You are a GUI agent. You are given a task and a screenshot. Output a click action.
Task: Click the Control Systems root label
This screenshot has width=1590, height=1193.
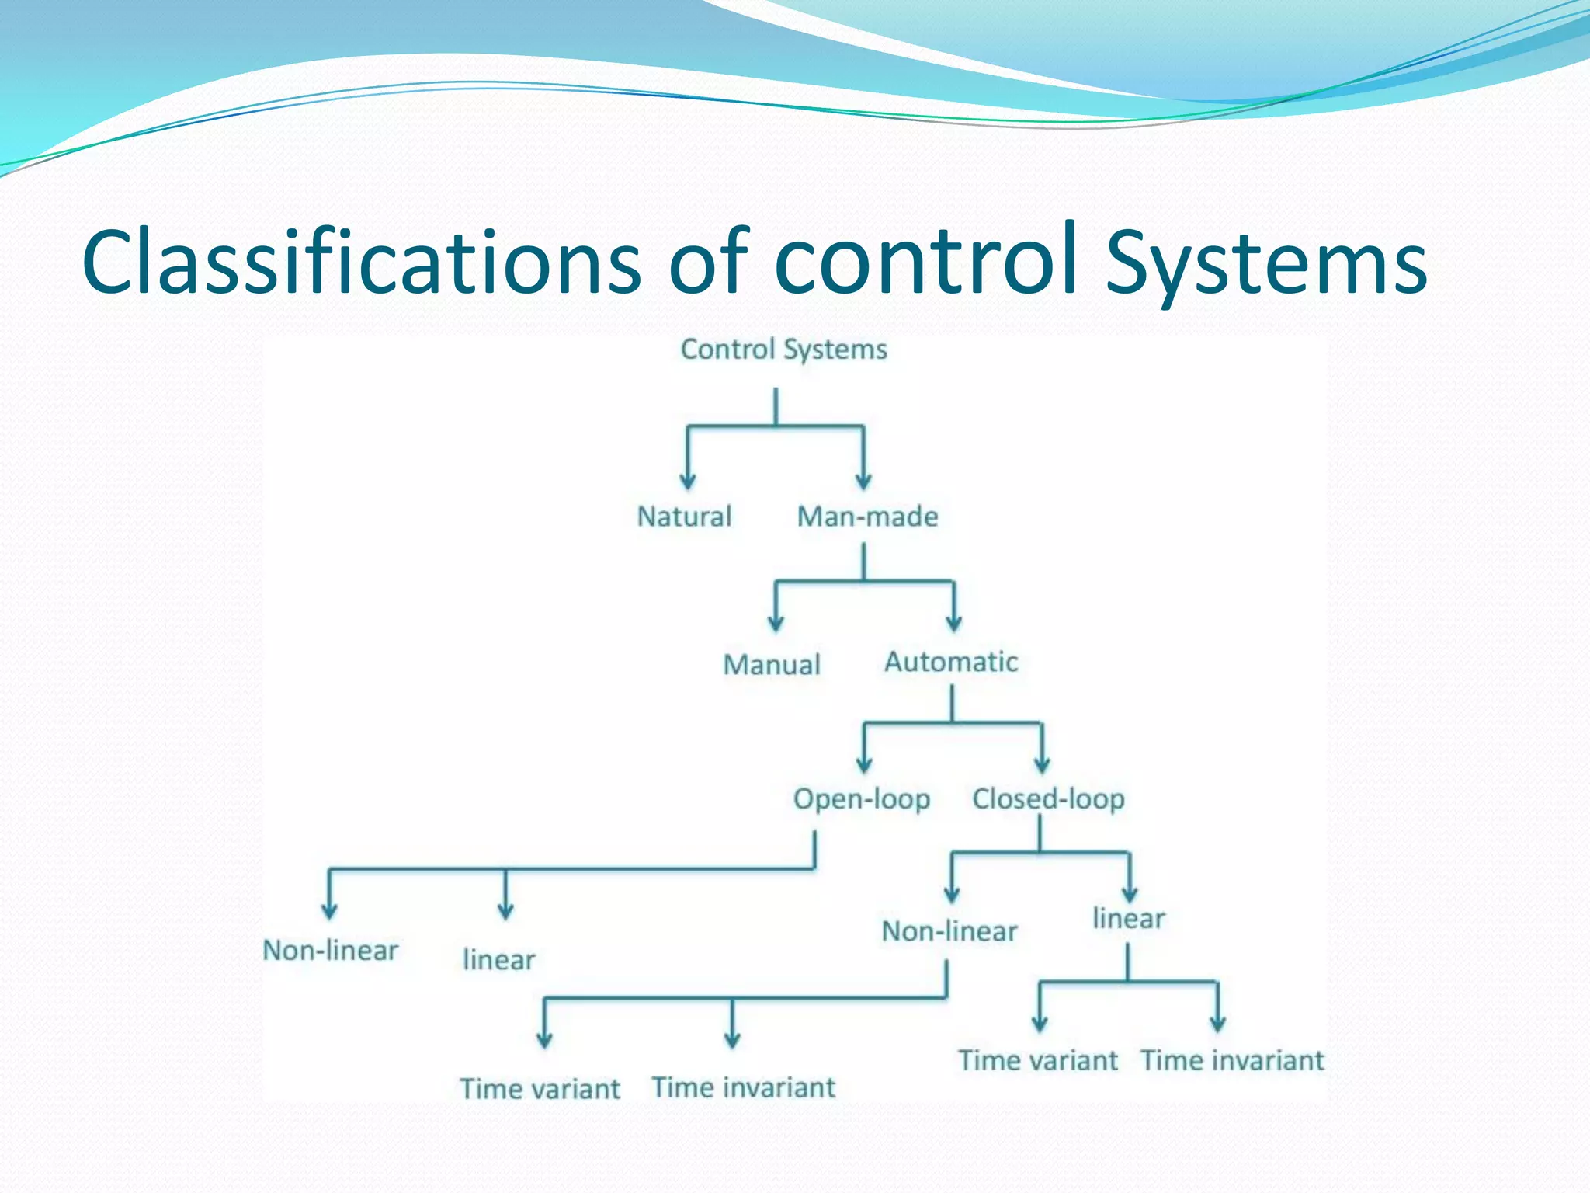point(783,350)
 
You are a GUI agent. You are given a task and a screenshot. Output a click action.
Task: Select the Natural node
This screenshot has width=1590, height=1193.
point(684,517)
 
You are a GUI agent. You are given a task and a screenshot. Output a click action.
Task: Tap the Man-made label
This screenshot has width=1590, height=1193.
point(867,517)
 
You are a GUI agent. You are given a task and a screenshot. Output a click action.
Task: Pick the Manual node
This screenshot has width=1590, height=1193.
point(771,665)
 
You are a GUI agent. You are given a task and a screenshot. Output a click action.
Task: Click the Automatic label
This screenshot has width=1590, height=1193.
point(951,662)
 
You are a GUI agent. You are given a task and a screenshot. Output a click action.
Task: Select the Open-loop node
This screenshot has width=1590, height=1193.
point(861,799)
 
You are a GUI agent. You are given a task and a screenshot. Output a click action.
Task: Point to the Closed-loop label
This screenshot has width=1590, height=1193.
point(1048,799)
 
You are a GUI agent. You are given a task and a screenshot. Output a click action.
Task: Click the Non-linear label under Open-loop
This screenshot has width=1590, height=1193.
point(330,950)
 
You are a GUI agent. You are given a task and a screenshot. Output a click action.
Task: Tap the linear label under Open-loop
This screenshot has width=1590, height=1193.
point(498,960)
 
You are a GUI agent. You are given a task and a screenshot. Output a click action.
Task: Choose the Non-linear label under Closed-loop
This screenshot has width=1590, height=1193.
point(949,931)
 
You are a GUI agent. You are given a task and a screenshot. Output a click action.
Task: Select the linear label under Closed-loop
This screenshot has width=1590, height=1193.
point(1128,919)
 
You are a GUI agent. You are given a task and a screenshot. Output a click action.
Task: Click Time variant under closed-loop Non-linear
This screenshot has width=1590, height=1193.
point(540,1089)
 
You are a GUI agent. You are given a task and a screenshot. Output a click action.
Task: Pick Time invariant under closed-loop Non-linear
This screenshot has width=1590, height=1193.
point(743,1087)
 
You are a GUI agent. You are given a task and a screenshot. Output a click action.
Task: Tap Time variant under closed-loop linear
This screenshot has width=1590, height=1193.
point(1037,1060)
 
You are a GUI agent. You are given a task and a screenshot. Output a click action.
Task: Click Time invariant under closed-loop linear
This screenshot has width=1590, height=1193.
point(1231,1060)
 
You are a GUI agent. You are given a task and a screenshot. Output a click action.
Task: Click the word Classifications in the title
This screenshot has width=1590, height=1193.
point(361,263)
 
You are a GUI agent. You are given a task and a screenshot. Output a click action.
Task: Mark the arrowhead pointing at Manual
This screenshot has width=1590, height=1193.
point(776,623)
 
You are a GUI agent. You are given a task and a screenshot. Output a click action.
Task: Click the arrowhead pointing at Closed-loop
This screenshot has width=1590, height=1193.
point(1042,764)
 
